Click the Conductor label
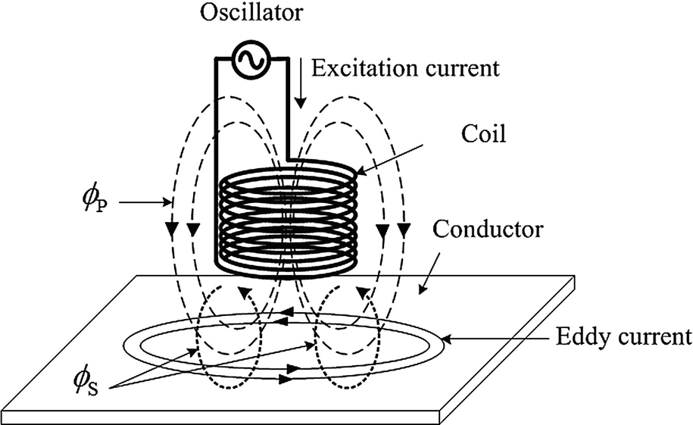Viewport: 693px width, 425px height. pyautogui.click(x=488, y=230)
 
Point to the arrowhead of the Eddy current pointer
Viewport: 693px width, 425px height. pyautogui.click(x=447, y=339)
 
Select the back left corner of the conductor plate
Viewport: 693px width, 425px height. pyautogui.click(x=133, y=276)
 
